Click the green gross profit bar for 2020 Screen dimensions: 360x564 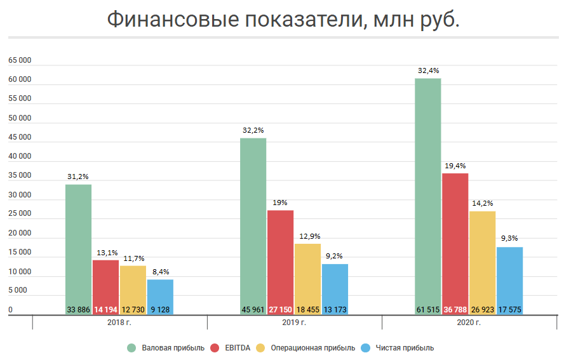click(427, 190)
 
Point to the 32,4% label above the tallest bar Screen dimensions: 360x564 click(428, 70)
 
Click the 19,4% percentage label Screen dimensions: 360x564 click(455, 165)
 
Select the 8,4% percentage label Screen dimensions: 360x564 click(160, 272)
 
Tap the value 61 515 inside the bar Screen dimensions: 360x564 click(428, 310)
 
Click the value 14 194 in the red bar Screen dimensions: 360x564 click(105, 310)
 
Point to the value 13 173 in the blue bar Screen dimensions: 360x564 click(335, 310)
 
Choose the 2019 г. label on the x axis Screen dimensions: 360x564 click(295, 323)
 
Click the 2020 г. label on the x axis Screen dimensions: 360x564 click(469, 323)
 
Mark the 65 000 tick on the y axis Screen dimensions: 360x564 click(20, 60)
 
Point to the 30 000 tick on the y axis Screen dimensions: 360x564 click(20, 195)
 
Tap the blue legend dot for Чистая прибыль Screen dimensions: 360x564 click(365, 348)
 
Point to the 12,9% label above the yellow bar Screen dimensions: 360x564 click(307, 236)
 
